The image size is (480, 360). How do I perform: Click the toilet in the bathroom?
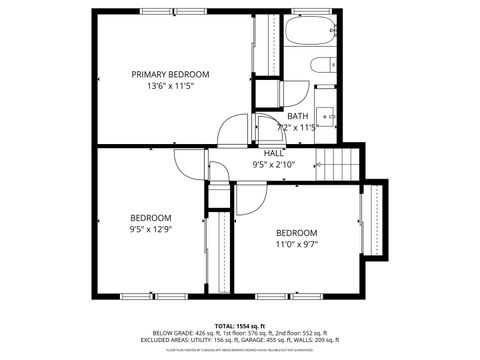click(x=322, y=66)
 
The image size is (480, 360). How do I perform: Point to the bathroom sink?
click(x=325, y=113)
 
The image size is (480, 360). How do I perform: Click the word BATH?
click(x=297, y=116)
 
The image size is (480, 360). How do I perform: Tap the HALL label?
click(x=274, y=152)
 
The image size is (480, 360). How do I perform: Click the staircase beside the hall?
click(x=339, y=162)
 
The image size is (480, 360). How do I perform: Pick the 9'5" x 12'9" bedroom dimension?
click(x=151, y=229)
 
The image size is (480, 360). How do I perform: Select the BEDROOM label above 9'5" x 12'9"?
click(x=151, y=217)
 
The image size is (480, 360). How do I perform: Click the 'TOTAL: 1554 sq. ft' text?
click(x=239, y=326)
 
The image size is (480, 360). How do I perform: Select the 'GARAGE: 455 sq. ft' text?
click(x=268, y=341)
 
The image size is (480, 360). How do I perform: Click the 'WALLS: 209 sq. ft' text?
click(x=317, y=341)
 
